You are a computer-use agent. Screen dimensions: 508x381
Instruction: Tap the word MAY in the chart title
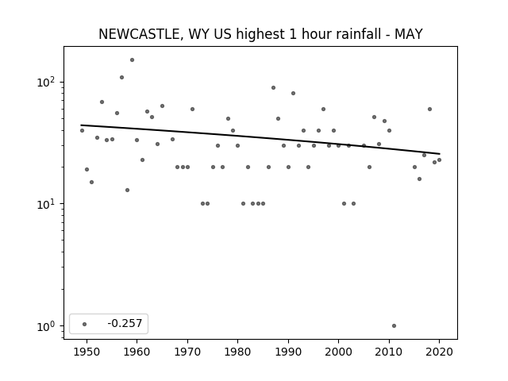(x=409, y=34)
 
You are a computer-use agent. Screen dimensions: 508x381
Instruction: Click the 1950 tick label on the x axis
(x=87, y=352)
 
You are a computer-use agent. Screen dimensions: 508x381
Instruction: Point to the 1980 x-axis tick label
(x=237, y=352)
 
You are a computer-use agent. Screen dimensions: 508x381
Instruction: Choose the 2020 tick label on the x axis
(x=439, y=352)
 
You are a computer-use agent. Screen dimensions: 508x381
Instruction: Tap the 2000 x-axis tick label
(x=338, y=352)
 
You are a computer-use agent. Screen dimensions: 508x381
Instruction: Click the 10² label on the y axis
(x=48, y=82)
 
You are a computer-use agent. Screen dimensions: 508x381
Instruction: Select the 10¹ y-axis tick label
(x=48, y=204)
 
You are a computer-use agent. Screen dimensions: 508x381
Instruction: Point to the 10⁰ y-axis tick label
(x=48, y=326)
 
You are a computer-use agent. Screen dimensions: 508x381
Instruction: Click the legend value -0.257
(x=125, y=323)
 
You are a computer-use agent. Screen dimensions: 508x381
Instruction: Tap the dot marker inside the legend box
(x=84, y=324)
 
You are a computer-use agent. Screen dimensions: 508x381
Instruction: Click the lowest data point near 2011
(x=394, y=326)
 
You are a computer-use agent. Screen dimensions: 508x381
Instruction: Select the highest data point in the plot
(x=133, y=60)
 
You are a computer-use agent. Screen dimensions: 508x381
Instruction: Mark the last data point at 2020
(x=439, y=160)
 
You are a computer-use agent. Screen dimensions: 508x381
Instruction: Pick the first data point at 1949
(x=82, y=130)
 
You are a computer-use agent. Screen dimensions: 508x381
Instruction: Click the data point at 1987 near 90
(x=273, y=88)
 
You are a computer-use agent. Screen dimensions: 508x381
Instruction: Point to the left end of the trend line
(x=81, y=125)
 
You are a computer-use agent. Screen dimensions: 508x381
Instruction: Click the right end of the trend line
(x=440, y=154)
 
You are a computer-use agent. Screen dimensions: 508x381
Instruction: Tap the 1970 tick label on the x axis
(x=187, y=352)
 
